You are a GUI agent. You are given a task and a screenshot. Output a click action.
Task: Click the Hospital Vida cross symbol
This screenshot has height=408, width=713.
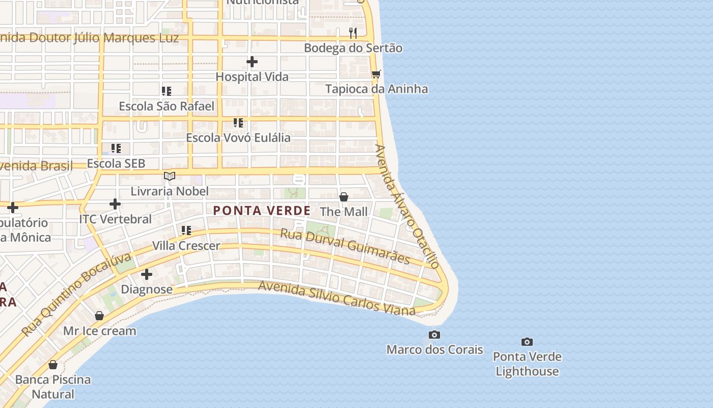click(252, 62)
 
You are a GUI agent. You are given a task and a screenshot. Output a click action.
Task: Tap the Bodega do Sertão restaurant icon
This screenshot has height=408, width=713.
click(352, 33)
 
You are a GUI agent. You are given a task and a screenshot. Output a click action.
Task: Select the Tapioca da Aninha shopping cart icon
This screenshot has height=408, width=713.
click(376, 74)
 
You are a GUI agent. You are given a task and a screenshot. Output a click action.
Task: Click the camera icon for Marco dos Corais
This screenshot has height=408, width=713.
click(434, 335)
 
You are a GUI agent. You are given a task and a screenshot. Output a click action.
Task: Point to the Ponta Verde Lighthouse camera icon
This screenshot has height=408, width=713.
click(527, 342)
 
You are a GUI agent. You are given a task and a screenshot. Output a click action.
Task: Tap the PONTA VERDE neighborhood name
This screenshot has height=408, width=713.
click(262, 211)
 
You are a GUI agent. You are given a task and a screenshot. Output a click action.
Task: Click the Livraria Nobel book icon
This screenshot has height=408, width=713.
click(170, 176)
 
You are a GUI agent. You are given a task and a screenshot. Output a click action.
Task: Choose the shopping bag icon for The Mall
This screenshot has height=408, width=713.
click(344, 197)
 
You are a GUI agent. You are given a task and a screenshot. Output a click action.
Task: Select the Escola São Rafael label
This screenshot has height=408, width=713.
click(167, 106)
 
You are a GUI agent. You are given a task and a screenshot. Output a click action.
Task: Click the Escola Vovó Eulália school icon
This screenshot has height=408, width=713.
click(238, 123)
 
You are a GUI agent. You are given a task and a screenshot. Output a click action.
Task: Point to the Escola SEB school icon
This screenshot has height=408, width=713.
click(116, 148)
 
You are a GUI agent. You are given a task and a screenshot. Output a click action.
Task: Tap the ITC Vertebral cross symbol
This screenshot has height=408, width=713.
click(115, 204)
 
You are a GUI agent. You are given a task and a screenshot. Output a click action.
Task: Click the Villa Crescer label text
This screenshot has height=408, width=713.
click(186, 246)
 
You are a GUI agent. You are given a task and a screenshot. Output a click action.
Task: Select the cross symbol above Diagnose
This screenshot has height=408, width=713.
click(147, 274)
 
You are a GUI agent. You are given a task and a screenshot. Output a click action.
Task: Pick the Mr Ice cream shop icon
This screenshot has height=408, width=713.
click(99, 316)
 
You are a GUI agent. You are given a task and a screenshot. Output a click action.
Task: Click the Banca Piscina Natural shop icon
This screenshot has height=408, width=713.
click(53, 365)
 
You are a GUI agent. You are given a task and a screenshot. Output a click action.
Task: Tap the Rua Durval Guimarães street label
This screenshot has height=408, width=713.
click(345, 246)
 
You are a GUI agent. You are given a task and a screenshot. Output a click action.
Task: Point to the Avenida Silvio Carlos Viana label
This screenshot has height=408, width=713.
click(337, 297)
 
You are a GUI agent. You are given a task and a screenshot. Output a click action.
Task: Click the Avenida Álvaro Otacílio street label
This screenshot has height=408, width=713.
click(406, 206)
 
